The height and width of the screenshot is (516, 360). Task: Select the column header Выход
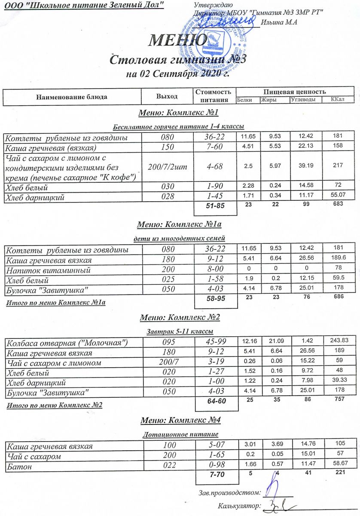pos(167,96)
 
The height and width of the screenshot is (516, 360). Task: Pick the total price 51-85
pos(216,206)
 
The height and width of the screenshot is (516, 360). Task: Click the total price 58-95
pos(216,298)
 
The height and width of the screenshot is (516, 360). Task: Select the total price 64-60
pos(216,401)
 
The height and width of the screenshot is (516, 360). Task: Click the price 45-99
pos(216,342)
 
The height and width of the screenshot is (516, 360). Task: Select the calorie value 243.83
pos(339,341)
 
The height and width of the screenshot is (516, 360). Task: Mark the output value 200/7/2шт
pos(168,167)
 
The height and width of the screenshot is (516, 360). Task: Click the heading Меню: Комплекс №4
pos(180,420)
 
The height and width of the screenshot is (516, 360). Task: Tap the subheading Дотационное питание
pos(180,434)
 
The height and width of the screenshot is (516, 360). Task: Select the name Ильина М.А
pos(282,22)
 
